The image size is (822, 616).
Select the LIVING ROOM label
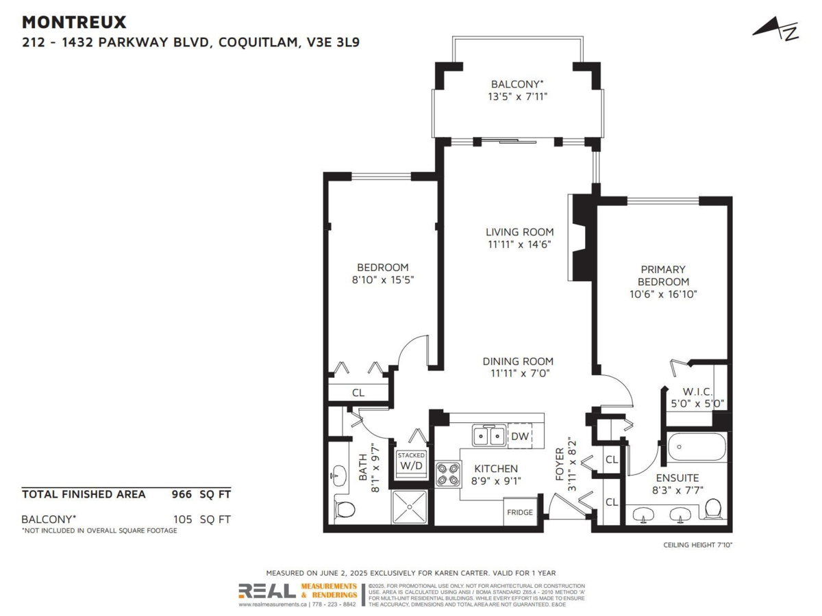click(x=519, y=232)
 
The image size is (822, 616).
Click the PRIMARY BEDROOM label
click(x=663, y=275)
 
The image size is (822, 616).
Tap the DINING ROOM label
click(x=518, y=361)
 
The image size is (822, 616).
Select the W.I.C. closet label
click(x=698, y=392)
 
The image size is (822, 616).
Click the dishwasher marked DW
click(x=520, y=435)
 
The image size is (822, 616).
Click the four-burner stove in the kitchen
click(x=448, y=474)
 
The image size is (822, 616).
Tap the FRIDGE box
click(x=519, y=513)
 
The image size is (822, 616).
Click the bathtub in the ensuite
click(x=697, y=448)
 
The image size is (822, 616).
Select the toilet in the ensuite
click(x=713, y=509)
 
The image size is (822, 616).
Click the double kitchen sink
click(x=488, y=435)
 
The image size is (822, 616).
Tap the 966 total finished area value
click(x=181, y=493)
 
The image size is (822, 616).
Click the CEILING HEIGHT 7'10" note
click(x=697, y=545)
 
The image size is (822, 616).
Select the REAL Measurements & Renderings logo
click(x=298, y=592)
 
